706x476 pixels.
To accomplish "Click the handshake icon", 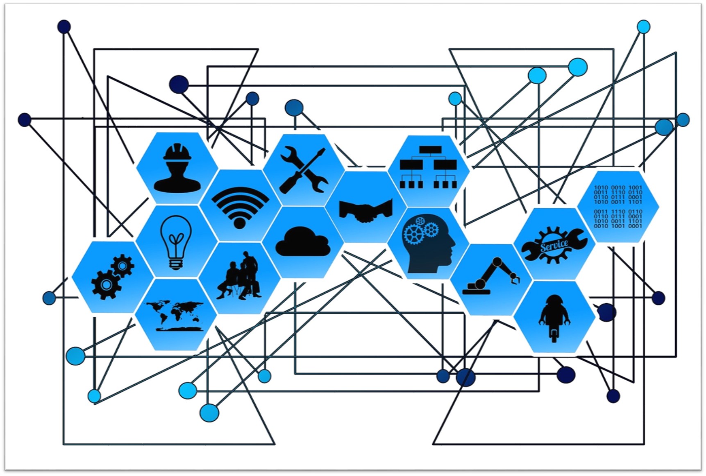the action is [366, 210].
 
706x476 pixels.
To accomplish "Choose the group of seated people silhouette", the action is [239, 275].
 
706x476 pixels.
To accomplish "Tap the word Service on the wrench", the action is [554, 246].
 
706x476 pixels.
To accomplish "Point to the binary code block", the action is [618, 206].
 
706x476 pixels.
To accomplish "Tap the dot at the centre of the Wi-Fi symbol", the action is [240, 223].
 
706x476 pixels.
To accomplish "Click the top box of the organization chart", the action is [430, 149].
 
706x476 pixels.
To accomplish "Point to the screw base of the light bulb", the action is [175, 264].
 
